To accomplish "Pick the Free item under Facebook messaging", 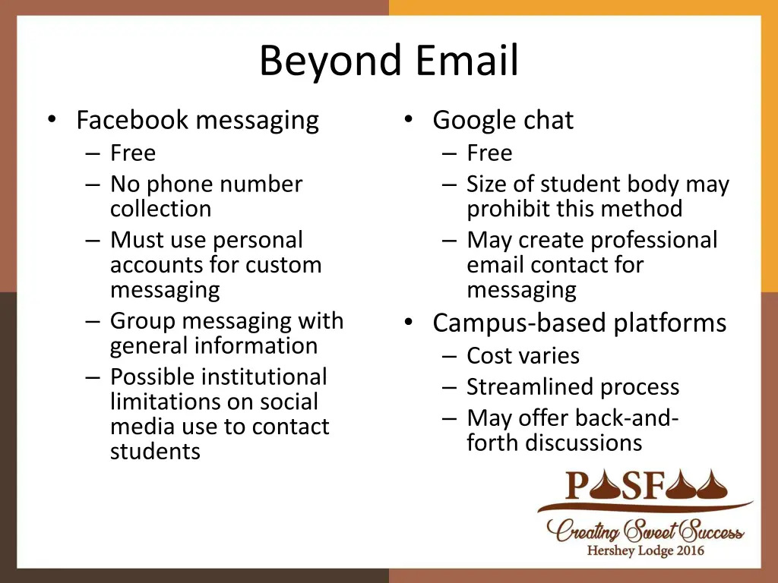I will pyautogui.click(x=133, y=153).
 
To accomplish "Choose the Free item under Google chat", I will pyautogui.click(x=489, y=153).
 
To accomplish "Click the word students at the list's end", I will pyautogui.click(x=155, y=452).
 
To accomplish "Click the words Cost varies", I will pyautogui.click(x=523, y=356).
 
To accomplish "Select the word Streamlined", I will pyautogui.click(x=520, y=387).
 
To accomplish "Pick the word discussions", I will pyautogui.click(x=578, y=443).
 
